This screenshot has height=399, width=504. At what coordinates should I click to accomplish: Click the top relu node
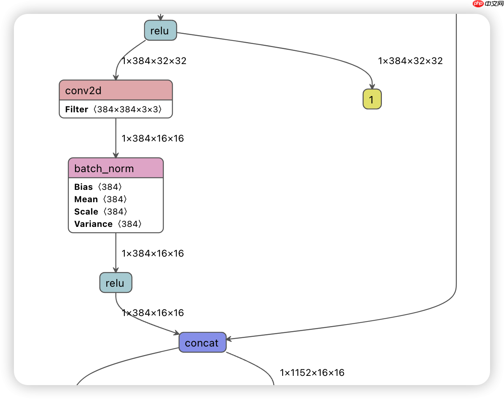pyautogui.click(x=160, y=30)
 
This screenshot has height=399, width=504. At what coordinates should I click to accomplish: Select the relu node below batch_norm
pyautogui.click(x=116, y=283)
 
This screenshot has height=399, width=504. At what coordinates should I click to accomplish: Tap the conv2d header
pyautogui.click(x=116, y=90)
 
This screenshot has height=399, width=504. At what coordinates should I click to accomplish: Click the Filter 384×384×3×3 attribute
pyautogui.click(x=113, y=109)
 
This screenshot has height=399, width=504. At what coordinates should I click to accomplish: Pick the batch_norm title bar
pyautogui.click(x=116, y=168)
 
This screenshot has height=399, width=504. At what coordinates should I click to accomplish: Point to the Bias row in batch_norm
pyautogui.click(x=98, y=187)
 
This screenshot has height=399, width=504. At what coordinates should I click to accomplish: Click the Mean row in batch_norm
pyautogui.click(x=100, y=199)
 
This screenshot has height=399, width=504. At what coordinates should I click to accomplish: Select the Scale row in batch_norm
pyautogui.click(x=101, y=211)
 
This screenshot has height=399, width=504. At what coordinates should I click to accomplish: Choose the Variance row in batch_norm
pyautogui.click(x=108, y=224)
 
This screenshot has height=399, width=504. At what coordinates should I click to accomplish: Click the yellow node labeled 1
pyautogui.click(x=372, y=99)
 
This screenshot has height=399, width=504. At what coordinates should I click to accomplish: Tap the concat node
pyautogui.click(x=202, y=343)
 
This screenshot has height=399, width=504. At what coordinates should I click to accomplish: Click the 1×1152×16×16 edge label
pyautogui.click(x=312, y=372)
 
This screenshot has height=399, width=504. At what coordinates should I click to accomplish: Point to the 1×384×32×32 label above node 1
pyautogui.click(x=410, y=61)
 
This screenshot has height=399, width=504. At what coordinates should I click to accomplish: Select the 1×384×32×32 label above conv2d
pyautogui.click(x=154, y=61)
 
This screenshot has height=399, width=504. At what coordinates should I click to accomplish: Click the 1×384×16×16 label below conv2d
pyautogui.click(x=153, y=138)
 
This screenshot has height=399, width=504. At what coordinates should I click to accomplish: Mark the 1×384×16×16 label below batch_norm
pyautogui.click(x=153, y=253)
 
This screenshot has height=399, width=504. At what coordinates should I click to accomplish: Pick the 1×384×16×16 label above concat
pyautogui.click(x=153, y=313)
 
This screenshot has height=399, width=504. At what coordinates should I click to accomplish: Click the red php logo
pyautogui.click(x=478, y=3)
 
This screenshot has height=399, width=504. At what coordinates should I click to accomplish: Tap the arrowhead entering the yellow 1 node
pyautogui.click(x=372, y=86)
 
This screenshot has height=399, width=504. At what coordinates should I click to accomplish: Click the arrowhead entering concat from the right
pyautogui.click(x=229, y=339)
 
